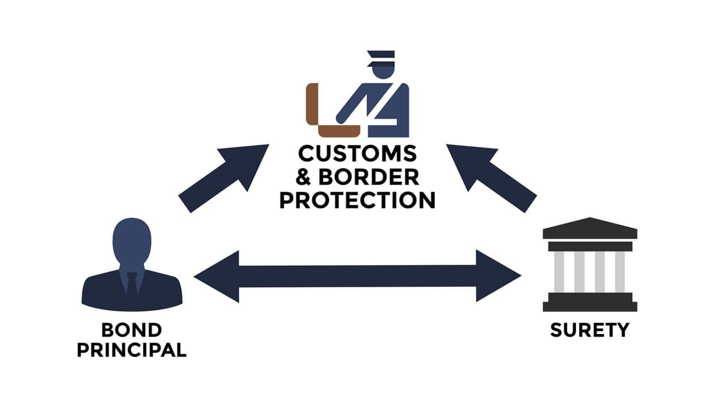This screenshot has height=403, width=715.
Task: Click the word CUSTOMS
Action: [x=358, y=154]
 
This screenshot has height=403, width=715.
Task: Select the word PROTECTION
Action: [x=358, y=200]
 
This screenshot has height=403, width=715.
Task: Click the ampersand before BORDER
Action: [x=304, y=177]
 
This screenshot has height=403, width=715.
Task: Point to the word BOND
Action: [x=131, y=330]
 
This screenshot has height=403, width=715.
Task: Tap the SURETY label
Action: [x=590, y=330]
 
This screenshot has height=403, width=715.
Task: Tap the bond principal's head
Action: [x=132, y=241]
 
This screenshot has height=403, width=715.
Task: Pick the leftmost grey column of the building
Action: [x=559, y=271]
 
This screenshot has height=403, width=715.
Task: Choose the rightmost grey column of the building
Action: [x=620, y=271]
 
